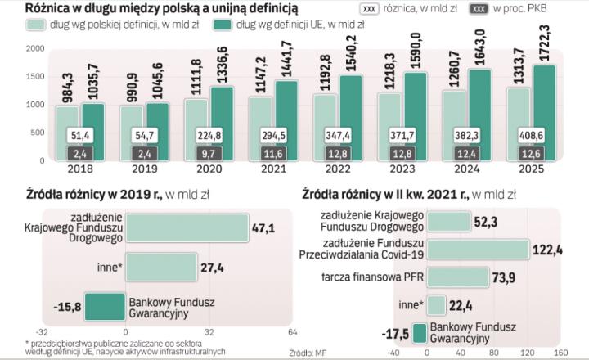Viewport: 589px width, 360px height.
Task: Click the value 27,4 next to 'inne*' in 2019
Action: click(214, 267)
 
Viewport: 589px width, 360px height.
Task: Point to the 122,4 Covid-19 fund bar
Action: click(478, 249)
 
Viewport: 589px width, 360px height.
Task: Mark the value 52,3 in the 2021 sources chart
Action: click(488, 221)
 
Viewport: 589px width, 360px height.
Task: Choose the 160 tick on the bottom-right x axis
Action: click(560, 353)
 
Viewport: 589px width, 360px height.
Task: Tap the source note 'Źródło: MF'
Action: click(308, 353)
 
